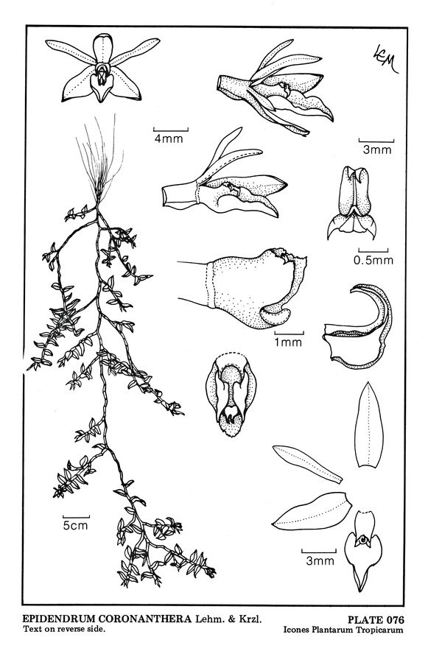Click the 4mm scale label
pyautogui.click(x=169, y=138)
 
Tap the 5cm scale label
pyautogui.click(x=75, y=525)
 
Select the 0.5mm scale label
pyautogui.click(x=373, y=259)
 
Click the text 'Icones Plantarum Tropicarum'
pyautogui.click(x=343, y=630)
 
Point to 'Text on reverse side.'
pyautogui.click(x=64, y=629)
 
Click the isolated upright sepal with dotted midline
pyautogui.click(x=368, y=424)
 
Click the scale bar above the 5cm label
pyautogui.click(x=77, y=517)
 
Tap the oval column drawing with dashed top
pyautogui.click(x=231, y=395)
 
